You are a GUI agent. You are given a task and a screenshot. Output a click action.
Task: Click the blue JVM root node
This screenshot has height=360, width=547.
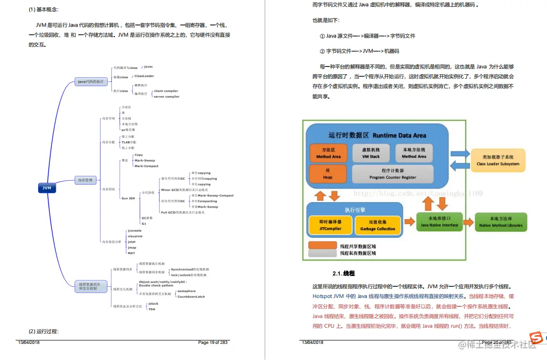coord(47,188)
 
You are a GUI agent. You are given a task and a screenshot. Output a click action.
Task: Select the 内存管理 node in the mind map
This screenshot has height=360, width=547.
coord(85,180)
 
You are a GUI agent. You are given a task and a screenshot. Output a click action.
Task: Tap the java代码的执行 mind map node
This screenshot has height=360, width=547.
coord(91,82)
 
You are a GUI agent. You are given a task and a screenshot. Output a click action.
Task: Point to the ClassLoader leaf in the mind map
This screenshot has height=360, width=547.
coord(144,76)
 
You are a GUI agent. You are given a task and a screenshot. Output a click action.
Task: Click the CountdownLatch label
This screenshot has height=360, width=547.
coord(191,296)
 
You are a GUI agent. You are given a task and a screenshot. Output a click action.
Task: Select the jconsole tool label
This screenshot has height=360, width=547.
coord(134,230)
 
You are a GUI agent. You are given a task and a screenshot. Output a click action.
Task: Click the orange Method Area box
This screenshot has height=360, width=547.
coord(328,152)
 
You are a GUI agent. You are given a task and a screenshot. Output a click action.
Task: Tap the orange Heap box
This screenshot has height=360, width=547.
coord(328,174)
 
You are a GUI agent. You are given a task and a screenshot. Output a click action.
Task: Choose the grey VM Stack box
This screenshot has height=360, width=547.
coord(371,152)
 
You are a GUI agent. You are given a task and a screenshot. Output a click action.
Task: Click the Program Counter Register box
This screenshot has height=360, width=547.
coord(393,174)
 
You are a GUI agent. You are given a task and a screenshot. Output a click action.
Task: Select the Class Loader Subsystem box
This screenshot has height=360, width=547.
coord(498,160)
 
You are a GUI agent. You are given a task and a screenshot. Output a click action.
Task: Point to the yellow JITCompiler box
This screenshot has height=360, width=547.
coord(330,225)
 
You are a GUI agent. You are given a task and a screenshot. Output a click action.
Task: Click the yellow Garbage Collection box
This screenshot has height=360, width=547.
coord(378,225)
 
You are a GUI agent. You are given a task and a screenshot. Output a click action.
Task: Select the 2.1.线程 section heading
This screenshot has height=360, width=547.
coord(343,274)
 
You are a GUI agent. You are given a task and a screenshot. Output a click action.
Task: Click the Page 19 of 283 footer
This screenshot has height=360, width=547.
coord(212,342)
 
